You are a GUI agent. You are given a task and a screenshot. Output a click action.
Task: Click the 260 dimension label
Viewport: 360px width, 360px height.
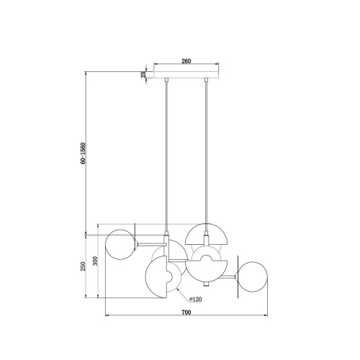[186, 61]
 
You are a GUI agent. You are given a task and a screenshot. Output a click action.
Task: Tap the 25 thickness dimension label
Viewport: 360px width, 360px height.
[143, 74]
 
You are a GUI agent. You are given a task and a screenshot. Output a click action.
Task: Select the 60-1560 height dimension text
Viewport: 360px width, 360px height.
[83, 153]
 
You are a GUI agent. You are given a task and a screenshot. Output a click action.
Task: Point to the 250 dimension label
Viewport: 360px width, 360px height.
[83, 266]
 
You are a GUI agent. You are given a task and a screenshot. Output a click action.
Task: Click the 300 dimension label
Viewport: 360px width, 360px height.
[95, 261]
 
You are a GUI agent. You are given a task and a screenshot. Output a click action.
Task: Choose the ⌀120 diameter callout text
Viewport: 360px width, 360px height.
[196, 299]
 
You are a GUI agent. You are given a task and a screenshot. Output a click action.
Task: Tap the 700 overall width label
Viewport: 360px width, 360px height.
[186, 312]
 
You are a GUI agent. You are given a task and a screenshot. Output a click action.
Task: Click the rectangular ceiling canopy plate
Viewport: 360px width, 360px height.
[186, 75]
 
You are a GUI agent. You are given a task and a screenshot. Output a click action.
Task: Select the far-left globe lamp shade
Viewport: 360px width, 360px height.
[120, 245]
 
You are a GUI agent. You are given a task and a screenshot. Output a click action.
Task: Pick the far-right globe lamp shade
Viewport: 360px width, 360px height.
[252, 276]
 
